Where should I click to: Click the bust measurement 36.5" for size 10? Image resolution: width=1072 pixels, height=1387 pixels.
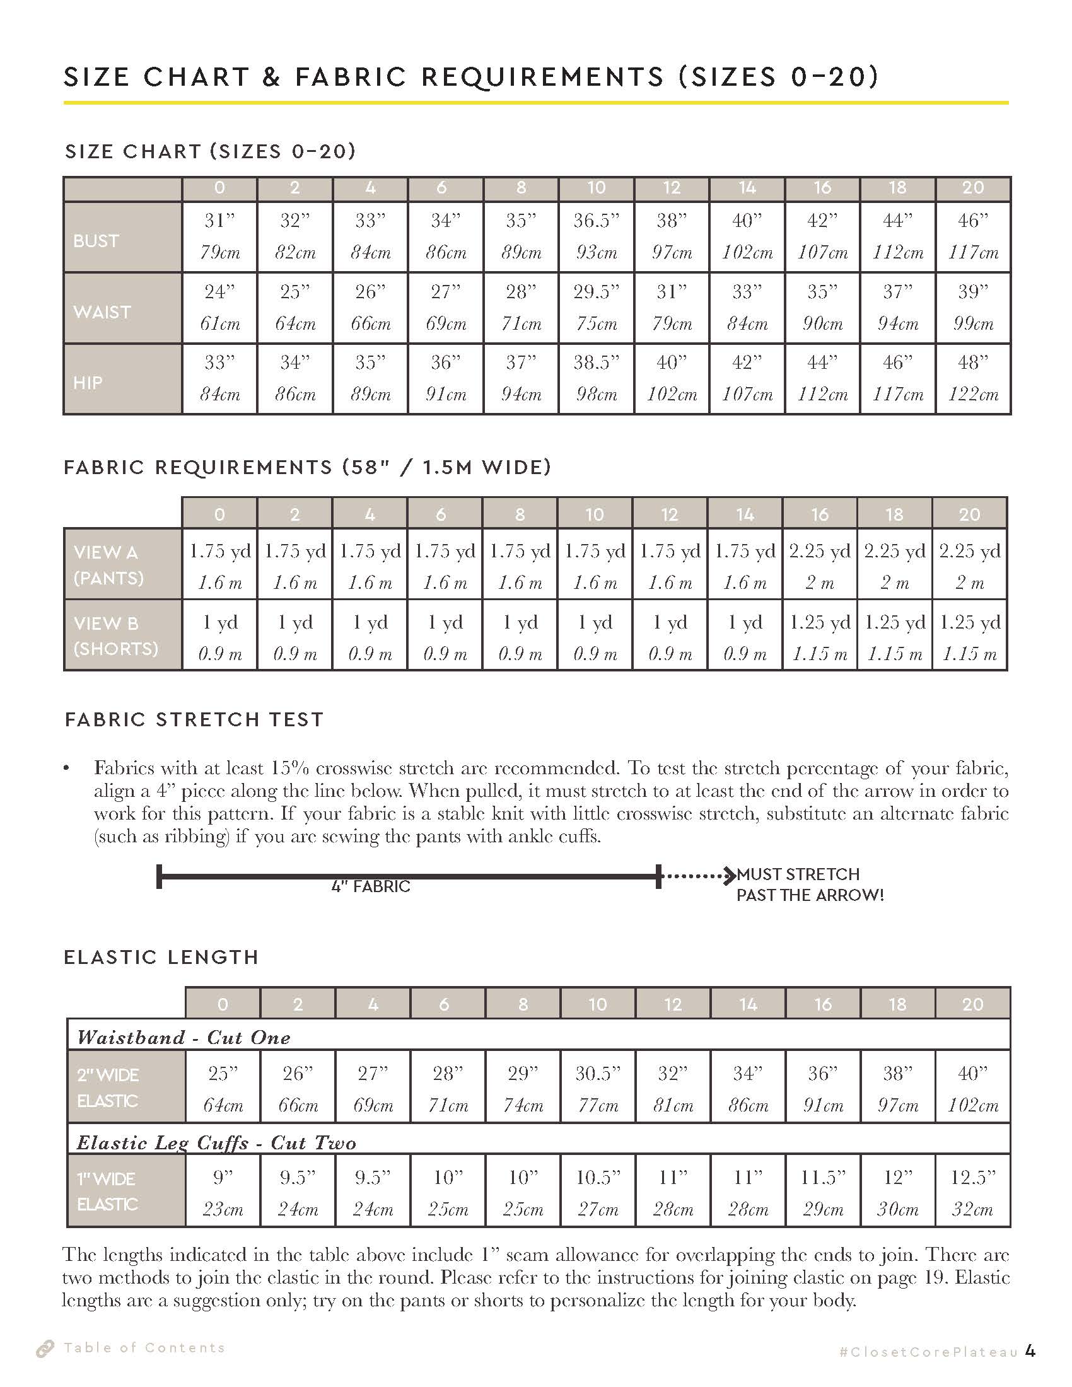(x=596, y=221)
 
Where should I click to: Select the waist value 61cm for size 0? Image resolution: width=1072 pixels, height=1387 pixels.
(x=219, y=324)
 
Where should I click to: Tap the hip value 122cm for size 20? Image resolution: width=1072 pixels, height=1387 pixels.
(x=972, y=395)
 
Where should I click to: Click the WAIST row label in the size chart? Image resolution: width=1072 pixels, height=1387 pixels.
(x=102, y=312)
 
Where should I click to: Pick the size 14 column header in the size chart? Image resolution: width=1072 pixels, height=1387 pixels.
(x=747, y=188)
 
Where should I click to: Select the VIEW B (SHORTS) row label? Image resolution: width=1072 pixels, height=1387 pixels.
(x=115, y=635)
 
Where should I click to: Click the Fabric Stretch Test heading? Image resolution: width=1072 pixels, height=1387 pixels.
(x=194, y=719)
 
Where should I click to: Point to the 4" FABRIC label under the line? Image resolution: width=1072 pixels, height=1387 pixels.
(x=371, y=886)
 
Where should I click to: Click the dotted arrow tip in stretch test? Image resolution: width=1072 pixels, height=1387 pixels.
(x=731, y=876)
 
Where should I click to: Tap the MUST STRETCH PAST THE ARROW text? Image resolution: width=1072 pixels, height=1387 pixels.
(x=809, y=885)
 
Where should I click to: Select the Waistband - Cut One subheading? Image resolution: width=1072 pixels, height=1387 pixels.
(x=184, y=1038)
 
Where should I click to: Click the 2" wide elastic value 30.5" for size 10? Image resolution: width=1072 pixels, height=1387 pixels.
(x=598, y=1074)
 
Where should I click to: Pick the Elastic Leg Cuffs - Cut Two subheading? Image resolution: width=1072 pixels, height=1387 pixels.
(x=216, y=1143)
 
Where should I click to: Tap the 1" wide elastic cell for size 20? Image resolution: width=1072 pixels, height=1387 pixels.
(x=972, y=1193)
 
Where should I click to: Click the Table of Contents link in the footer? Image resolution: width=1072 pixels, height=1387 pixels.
(x=144, y=1348)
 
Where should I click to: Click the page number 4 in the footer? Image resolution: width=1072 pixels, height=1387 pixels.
(x=1030, y=1351)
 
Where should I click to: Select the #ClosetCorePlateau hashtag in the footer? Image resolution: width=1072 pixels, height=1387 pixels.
(x=928, y=1352)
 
